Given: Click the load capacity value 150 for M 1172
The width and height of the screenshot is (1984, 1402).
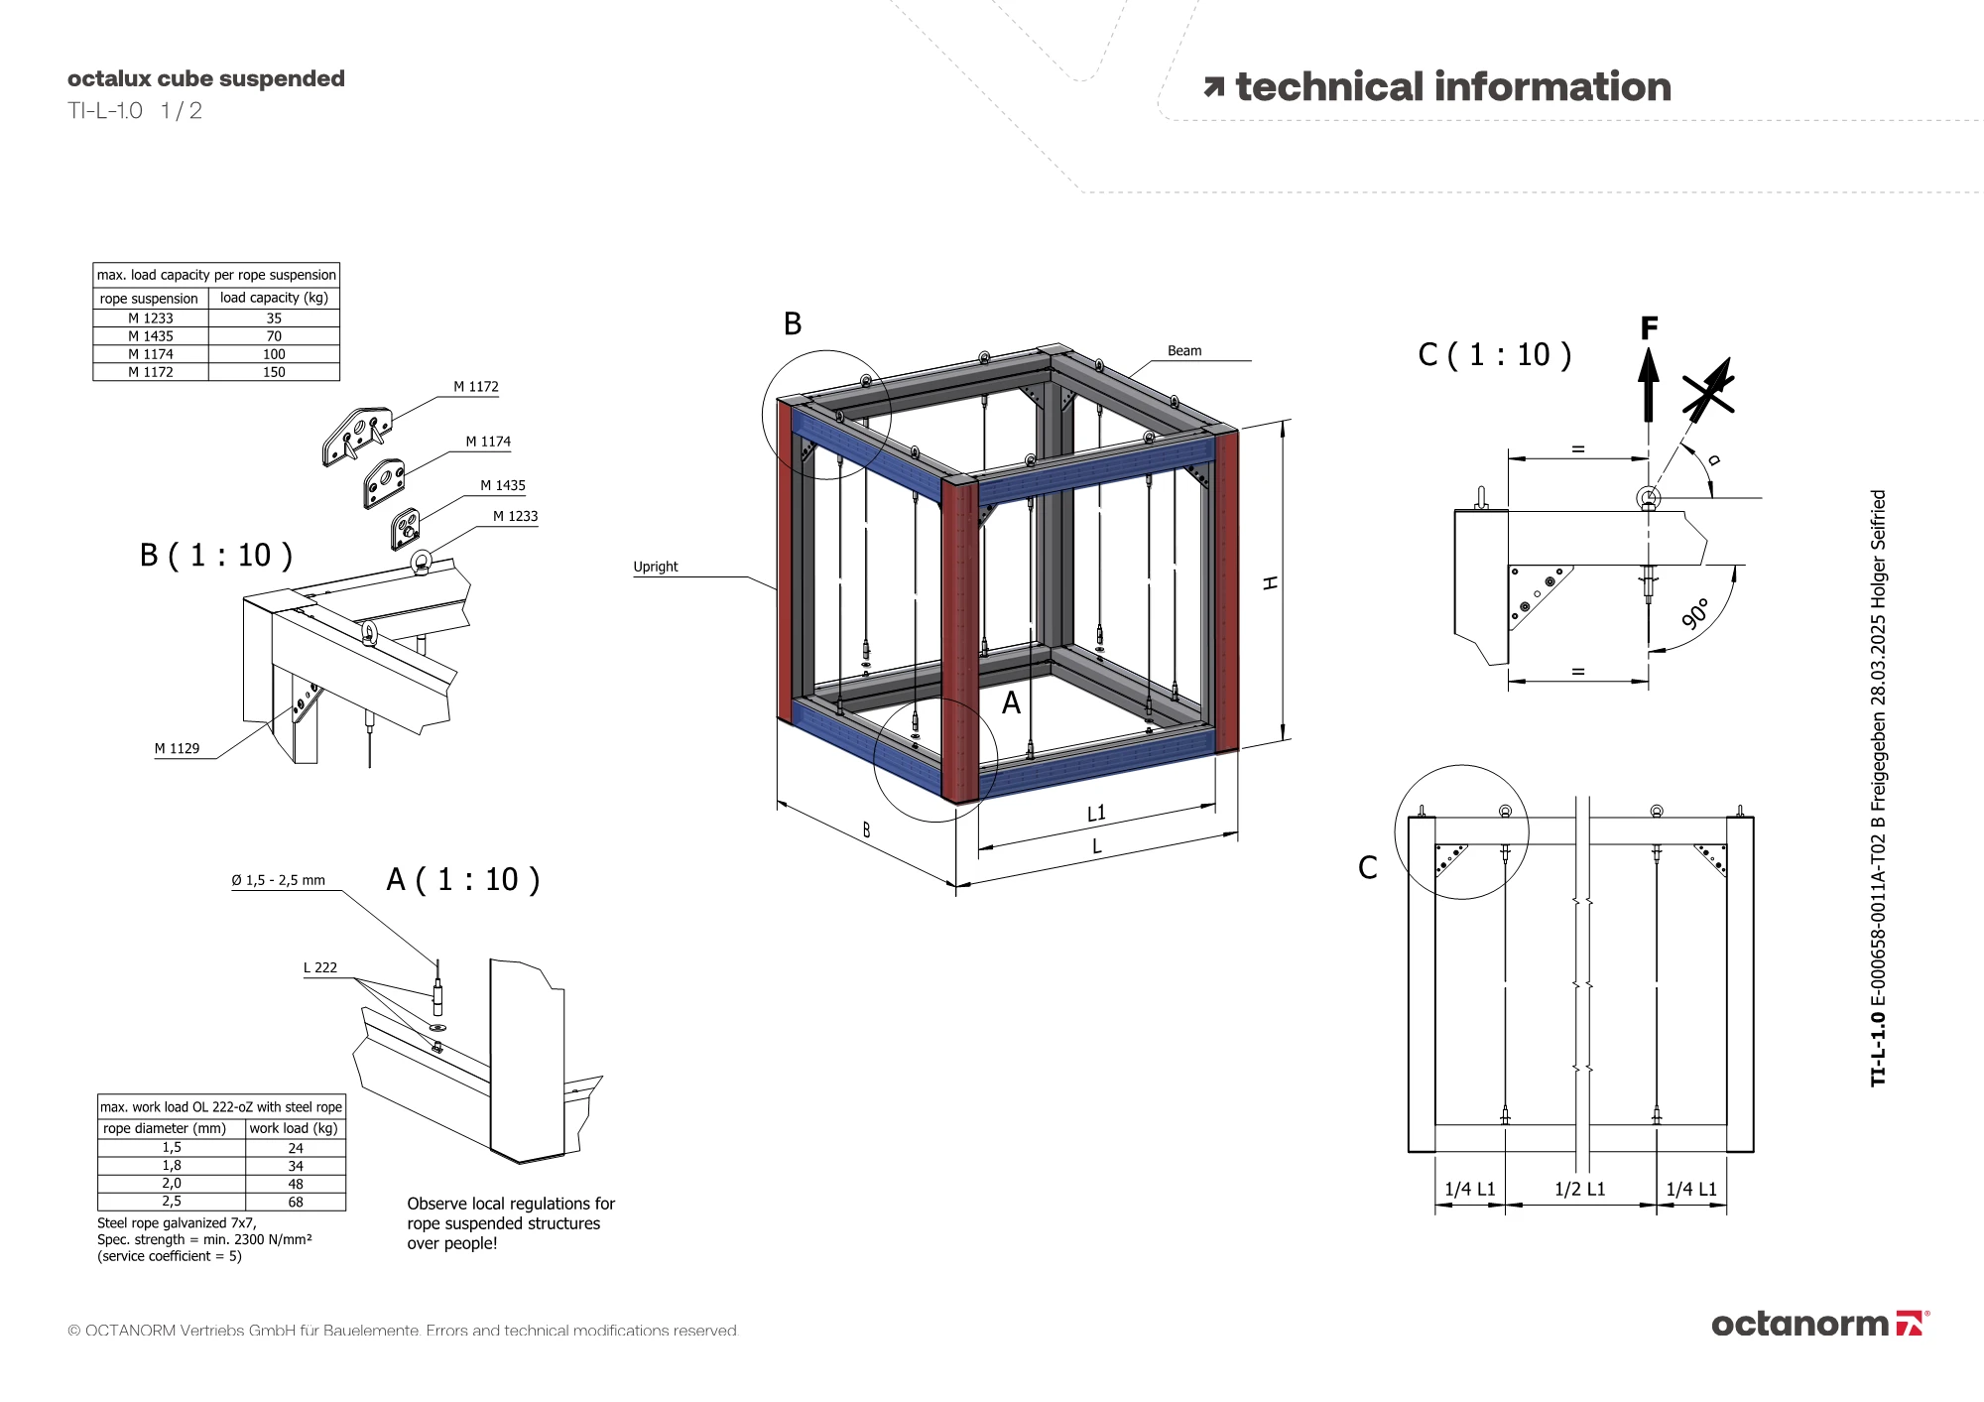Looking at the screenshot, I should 274,372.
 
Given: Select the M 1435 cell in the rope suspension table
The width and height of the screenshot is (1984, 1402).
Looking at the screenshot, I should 151,336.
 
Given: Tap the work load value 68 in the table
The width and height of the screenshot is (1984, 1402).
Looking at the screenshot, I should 296,1202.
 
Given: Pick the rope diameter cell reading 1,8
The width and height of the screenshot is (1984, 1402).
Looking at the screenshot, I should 172,1166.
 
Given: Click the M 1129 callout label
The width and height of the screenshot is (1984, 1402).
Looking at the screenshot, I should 177,748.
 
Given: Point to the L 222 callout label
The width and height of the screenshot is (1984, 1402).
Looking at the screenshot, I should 320,967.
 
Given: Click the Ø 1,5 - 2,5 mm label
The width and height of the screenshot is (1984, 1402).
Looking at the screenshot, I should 278,880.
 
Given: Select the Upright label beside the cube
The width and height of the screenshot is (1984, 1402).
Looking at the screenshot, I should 656,567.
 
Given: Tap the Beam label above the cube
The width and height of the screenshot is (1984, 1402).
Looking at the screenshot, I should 1184,351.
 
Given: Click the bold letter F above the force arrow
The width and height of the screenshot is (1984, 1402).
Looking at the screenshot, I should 1649,327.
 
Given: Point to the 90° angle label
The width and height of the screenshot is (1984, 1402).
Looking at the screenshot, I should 1695,614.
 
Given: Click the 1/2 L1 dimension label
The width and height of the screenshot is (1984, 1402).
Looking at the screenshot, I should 1579,1189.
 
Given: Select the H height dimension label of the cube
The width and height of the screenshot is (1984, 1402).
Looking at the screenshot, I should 1270,583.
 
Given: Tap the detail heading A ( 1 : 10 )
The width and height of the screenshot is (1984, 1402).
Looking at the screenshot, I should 462,879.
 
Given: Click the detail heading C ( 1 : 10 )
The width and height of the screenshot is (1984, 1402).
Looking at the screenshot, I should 1494,355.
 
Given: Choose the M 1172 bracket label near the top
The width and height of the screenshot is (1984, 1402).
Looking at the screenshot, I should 476,387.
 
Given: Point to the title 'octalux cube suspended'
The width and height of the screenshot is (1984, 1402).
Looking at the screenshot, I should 206,78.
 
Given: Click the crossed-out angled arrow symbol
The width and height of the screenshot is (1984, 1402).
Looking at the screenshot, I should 1708,389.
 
